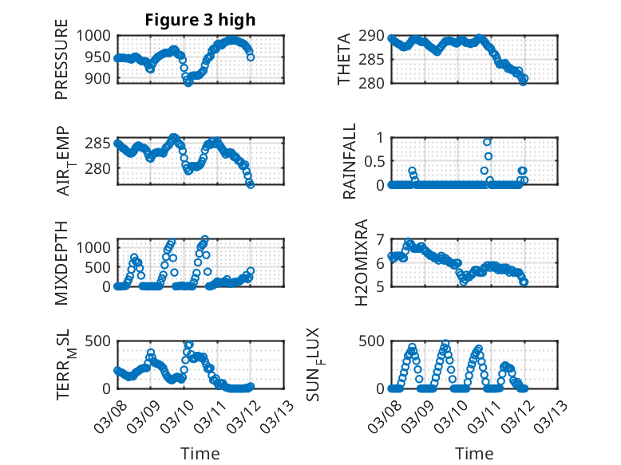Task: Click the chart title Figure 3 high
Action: (x=200, y=20)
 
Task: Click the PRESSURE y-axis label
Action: (x=62, y=65)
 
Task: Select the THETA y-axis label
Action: (x=344, y=59)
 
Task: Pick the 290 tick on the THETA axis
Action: (x=372, y=36)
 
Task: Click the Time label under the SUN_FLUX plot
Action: (x=474, y=453)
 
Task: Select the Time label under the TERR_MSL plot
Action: (x=200, y=453)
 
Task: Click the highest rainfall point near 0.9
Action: (x=487, y=142)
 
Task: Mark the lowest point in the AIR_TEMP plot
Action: (x=251, y=184)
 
